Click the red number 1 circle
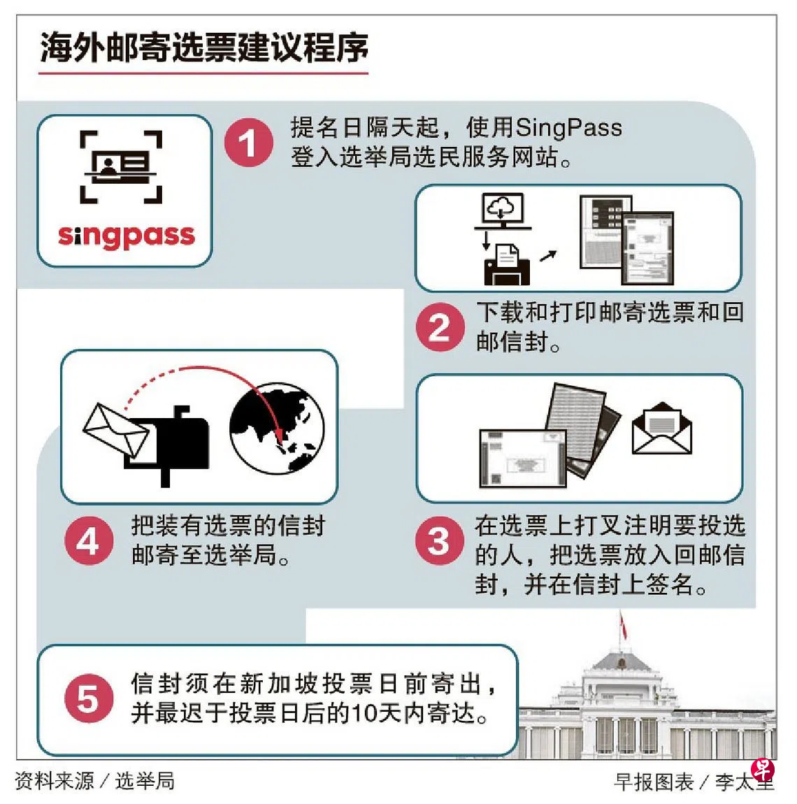pyautogui.click(x=249, y=143)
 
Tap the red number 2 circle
pyautogui.click(x=440, y=327)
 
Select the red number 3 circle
pyautogui.click(x=440, y=540)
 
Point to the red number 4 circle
pyautogui.click(x=89, y=540)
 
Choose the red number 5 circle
pyautogui.click(x=89, y=698)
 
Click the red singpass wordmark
pyautogui.click(x=126, y=236)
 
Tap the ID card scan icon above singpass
pyautogui.click(x=121, y=167)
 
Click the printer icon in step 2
pyautogui.click(x=507, y=265)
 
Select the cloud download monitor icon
pyautogui.click(x=503, y=210)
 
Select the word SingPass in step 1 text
pyautogui.click(x=568, y=128)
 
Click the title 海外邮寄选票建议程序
pyautogui.click(x=204, y=48)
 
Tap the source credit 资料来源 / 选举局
pyautogui.click(x=95, y=781)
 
